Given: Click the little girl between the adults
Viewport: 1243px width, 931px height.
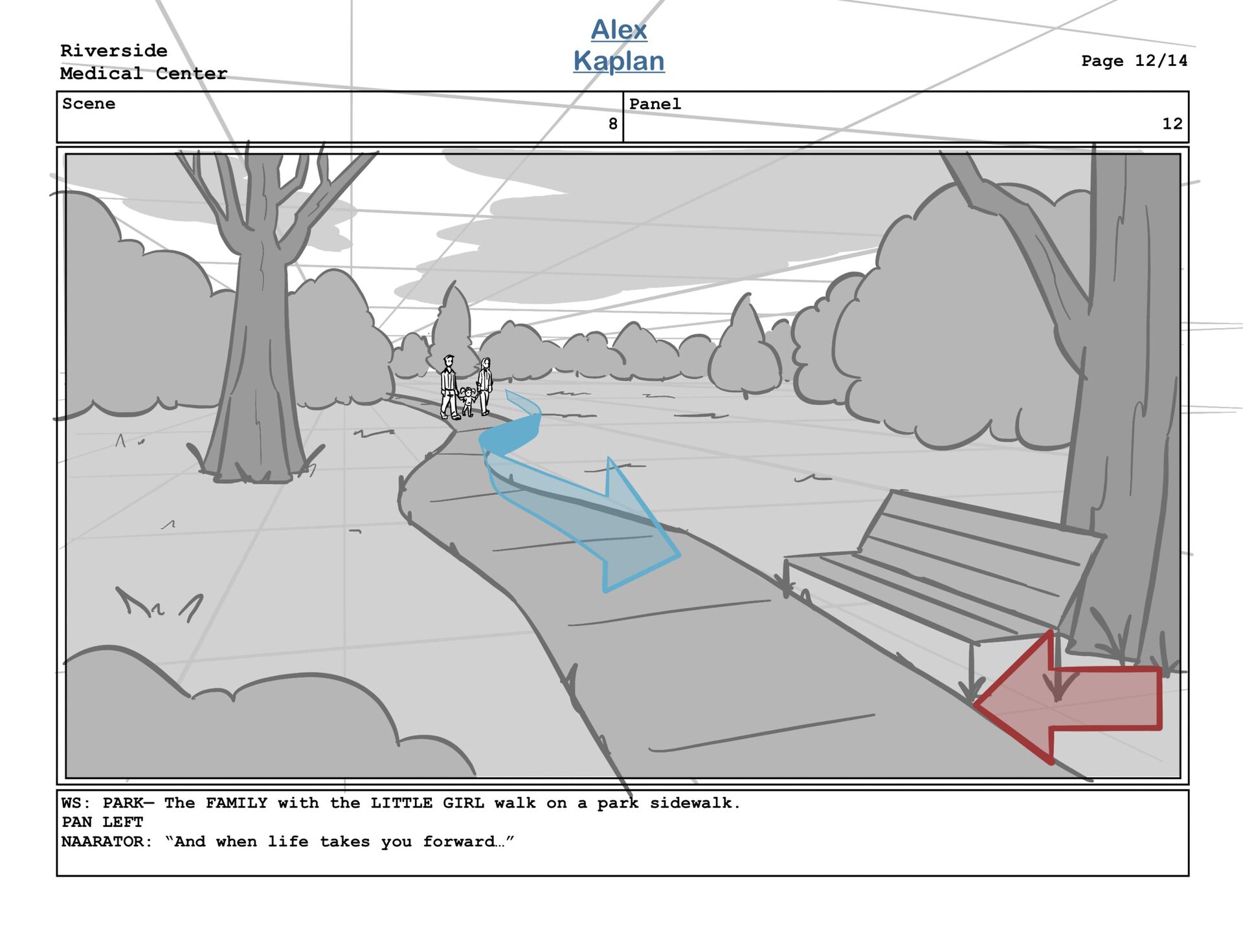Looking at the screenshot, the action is tap(467, 401).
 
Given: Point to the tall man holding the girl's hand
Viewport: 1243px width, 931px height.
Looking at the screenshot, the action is tap(449, 387).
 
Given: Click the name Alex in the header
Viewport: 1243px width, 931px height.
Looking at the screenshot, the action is tap(618, 30).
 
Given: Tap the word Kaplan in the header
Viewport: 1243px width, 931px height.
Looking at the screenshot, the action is tap(618, 61).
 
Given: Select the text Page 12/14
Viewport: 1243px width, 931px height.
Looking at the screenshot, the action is tap(1134, 61).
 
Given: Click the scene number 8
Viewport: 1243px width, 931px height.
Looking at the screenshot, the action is tap(612, 124).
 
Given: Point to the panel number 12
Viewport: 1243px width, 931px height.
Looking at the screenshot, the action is tap(1172, 124).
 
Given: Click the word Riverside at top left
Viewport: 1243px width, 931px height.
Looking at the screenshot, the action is tap(114, 50).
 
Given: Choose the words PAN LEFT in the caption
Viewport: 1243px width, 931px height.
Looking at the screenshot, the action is tap(102, 822).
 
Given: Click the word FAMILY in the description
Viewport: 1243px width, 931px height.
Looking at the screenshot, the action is tap(236, 803).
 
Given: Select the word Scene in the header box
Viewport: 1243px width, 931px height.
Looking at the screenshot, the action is tap(89, 104).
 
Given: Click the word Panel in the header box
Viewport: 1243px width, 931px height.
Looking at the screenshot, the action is tap(655, 104).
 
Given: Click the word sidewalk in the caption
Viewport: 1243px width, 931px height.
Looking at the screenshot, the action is tap(694, 803).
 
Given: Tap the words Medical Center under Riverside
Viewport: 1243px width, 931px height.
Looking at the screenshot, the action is tap(144, 74).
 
